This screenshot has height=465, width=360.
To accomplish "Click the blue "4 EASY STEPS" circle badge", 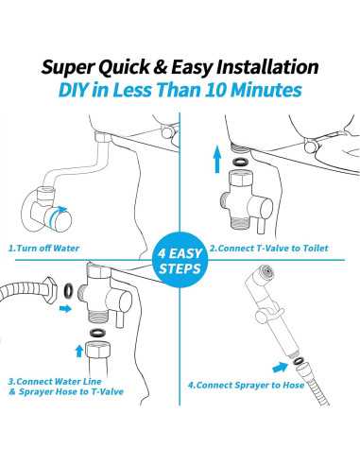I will [180, 263].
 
